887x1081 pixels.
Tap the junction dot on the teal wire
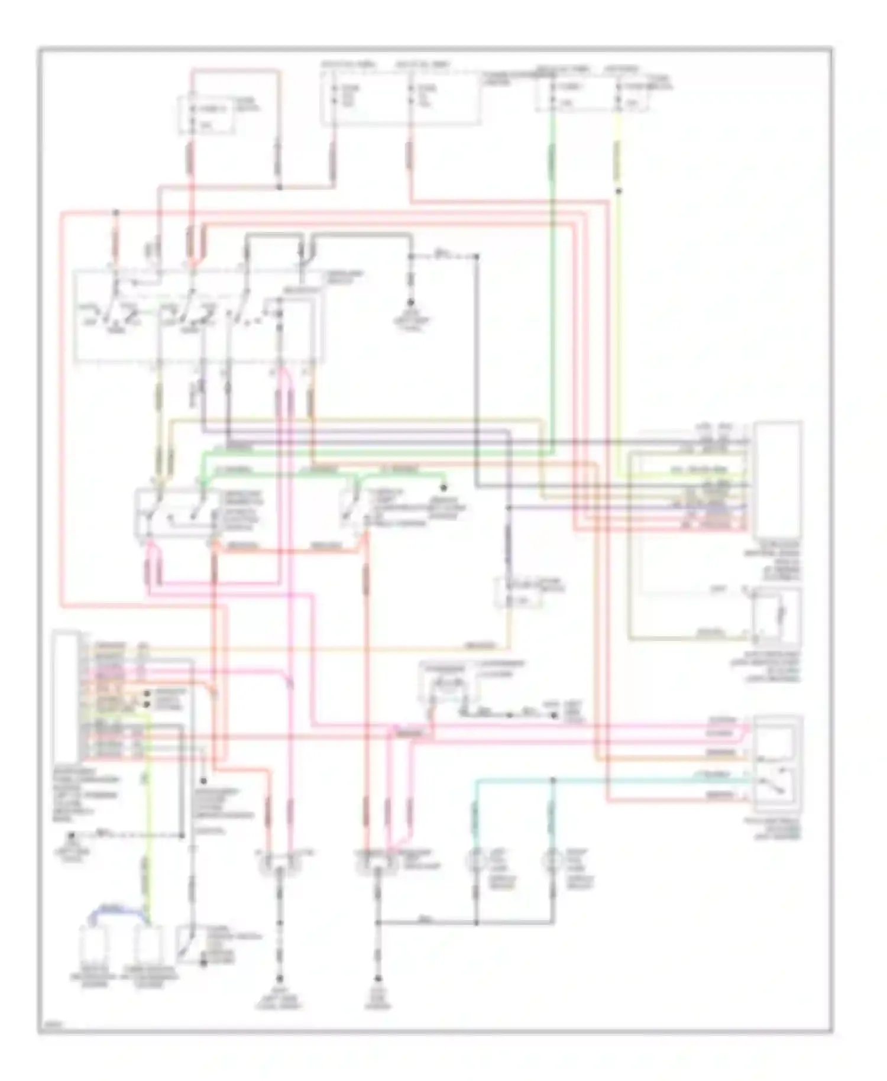[x=553, y=781]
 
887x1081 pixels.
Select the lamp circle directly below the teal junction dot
[x=553, y=859]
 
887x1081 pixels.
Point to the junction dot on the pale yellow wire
[x=619, y=191]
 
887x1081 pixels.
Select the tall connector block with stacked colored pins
[x=66, y=695]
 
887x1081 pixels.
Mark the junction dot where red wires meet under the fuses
[x=279, y=187]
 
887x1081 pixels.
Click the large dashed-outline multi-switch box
[x=198, y=316]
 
